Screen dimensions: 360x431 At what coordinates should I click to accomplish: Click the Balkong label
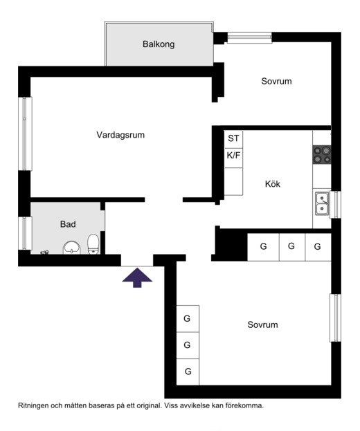(x=159, y=44)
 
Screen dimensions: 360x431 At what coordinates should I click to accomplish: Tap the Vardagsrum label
(x=120, y=135)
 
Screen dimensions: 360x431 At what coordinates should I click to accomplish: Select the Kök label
(x=273, y=184)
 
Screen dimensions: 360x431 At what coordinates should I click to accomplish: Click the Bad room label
(x=68, y=224)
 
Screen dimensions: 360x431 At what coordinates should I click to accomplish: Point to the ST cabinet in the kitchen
(x=233, y=139)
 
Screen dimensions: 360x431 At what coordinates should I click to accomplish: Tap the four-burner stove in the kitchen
(x=322, y=155)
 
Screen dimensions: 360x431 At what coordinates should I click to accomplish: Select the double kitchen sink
(x=322, y=203)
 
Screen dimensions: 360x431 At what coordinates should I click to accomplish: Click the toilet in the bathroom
(x=93, y=244)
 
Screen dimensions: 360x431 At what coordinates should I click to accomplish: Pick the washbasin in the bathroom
(x=72, y=248)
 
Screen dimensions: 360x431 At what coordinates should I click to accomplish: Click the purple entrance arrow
(x=137, y=277)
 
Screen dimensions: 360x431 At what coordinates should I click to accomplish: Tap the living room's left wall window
(x=25, y=134)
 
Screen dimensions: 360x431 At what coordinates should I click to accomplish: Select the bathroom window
(x=25, y=233)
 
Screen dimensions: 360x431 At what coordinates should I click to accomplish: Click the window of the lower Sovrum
(x=336, y=318)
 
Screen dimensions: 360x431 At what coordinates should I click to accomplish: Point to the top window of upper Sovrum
(x=250, y=37)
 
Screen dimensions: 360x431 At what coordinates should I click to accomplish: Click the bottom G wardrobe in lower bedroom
(x=188, y=372)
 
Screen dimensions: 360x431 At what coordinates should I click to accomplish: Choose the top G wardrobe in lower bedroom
(x=188, y=318)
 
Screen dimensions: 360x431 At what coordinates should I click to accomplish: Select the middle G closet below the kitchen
(x=291, y=247)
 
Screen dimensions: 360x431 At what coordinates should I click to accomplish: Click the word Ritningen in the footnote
(x=33, y=405)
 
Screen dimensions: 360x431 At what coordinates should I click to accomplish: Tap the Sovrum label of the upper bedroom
(x=276, y=81)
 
